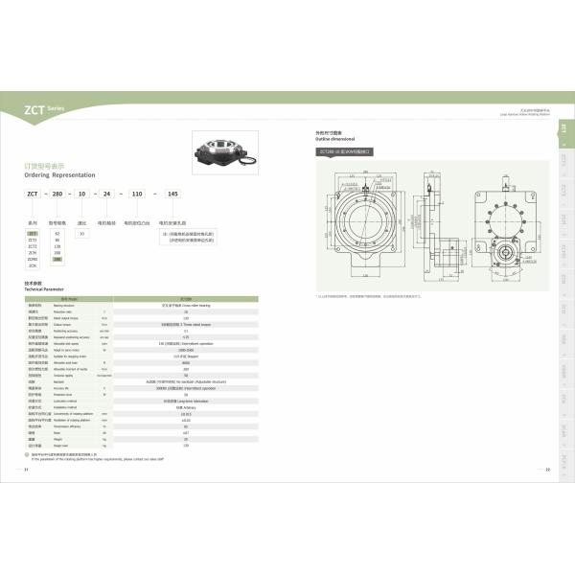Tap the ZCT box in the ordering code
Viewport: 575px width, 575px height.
click(x=33, y=194)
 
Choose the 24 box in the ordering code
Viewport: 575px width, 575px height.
click(x=106, y=194)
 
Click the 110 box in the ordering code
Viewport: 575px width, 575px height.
click(x=136, y=194)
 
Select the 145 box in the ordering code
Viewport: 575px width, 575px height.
click(x=172, y=194)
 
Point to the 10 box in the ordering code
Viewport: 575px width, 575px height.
click(x=82, y=194)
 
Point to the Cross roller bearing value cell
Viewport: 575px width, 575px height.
click(x=185, y=305)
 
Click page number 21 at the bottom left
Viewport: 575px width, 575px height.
click(x=26, y=470)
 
